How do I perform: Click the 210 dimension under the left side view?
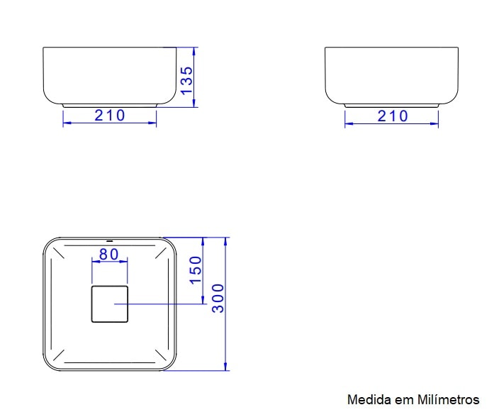click(110, 116)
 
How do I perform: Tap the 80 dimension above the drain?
click(108, 254)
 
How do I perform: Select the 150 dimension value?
click(196, 270)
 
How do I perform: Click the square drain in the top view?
click(110, 304)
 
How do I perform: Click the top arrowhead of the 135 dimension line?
click(195, 50)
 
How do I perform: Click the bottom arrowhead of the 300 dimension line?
click(226, 367)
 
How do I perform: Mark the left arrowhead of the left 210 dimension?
click(66, 123)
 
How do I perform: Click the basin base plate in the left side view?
click(110, 106)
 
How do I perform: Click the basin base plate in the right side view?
click(392, 106)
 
